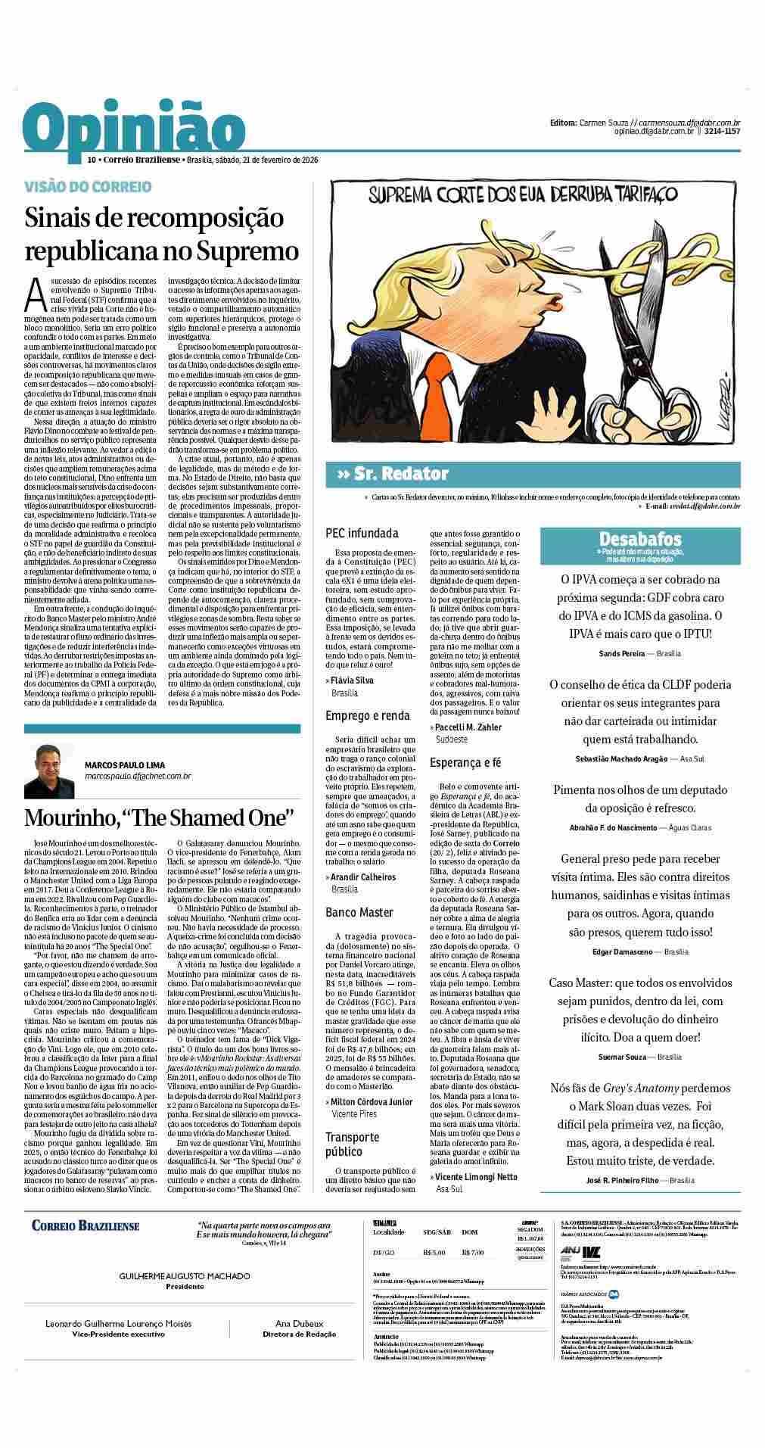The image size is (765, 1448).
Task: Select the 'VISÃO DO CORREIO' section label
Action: (88, 186)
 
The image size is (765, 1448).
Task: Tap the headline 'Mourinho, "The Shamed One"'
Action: (159, 818)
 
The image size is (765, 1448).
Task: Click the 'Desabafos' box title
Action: (640, 539)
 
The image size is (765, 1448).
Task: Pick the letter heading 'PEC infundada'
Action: (362, 534)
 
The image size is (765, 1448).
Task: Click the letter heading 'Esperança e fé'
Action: (465, 763)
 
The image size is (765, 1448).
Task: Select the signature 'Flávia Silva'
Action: (353, 680)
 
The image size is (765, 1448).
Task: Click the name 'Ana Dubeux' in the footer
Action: (299, 1345)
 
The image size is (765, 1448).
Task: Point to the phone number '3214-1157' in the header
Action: (722, 132)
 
